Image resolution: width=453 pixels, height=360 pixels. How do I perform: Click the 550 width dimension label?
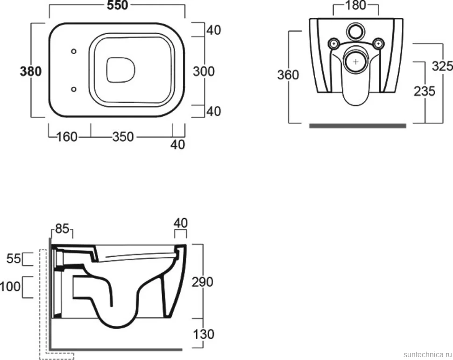[117, 5]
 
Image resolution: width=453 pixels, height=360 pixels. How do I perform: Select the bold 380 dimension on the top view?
[31, 71]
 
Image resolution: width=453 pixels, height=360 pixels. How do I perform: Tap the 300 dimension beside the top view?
[204, 71]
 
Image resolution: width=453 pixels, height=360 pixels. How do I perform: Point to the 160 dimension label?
[67, 137]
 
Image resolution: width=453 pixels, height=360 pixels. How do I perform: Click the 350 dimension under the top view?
[123, 137]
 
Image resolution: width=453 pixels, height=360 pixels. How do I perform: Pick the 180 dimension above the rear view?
[356, 5]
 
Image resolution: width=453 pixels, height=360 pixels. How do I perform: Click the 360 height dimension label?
[288, 75]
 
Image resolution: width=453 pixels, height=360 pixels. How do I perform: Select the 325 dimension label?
[442, 66]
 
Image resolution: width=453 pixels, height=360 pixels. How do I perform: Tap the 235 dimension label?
[425, 92]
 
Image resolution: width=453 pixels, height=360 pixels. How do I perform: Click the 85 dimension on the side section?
[62, 229]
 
